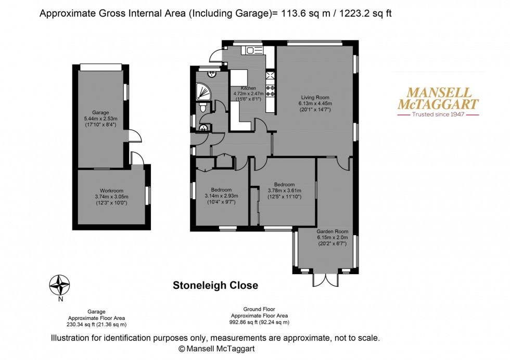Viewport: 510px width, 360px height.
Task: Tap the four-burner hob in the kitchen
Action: pyautogui.click(x=271, y=91)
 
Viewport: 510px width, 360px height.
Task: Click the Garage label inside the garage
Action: pyautogui.click(x=100, y=112)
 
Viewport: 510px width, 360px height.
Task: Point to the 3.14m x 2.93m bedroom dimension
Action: pyautogui.click(x=221, y=196)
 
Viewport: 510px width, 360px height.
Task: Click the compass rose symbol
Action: pyautogui.click(x=60, y=285)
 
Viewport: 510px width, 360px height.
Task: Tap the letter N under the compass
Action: pyautogui.click(x=60, y=299)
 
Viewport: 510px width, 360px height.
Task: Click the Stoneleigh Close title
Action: pyautogui.click(x=215, y=286)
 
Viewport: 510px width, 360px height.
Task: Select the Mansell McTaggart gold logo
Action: pyautogui.click(x=437, y=98)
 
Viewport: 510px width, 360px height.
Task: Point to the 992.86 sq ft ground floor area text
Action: pyautogui.click(x=260, y=322)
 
